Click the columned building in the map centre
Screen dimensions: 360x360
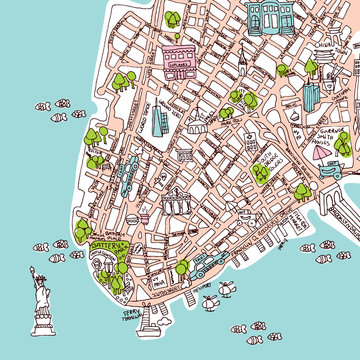coord(178,200)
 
